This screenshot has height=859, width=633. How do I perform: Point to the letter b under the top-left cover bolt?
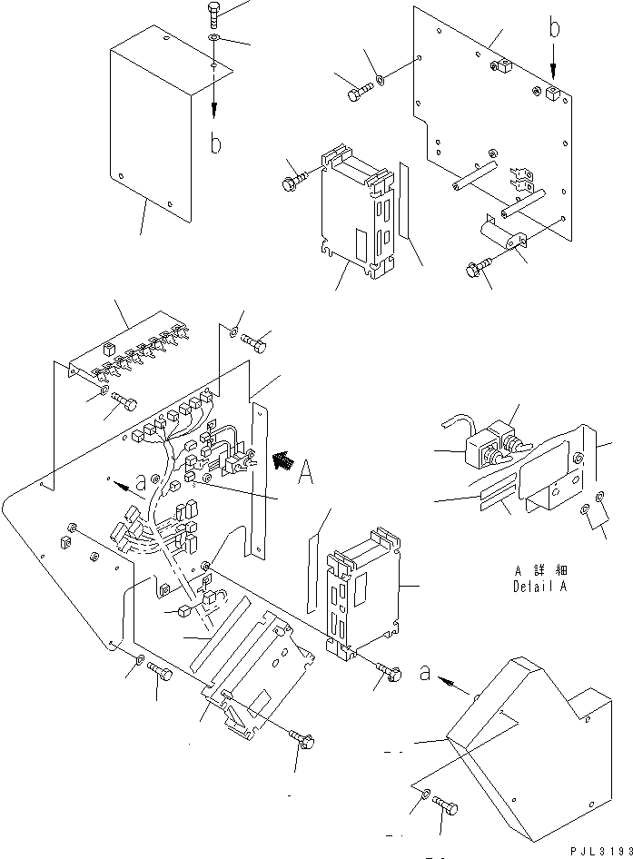215,144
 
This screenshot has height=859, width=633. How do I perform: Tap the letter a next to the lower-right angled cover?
424,674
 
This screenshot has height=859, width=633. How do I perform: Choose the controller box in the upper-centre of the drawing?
356,211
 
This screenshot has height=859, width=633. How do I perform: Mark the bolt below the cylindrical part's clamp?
474,268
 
